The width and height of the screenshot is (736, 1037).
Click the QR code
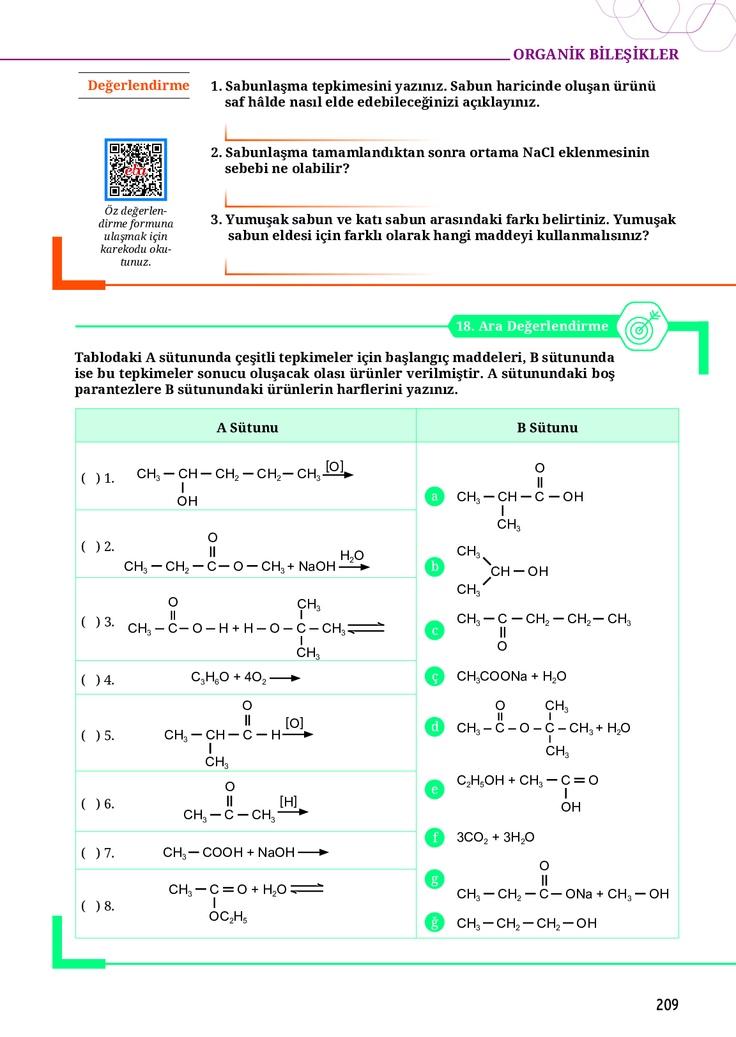pos(135,169)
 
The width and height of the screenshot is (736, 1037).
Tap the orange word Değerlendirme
pos(138,86)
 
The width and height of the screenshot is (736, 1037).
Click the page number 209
pos(666,1004)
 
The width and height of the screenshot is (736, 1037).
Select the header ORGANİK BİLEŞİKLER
pos(595,54)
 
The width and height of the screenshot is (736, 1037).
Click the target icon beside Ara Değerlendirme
pos(642,326)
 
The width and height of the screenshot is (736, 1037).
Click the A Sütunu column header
pos(247,428)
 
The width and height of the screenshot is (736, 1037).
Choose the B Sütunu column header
pos(547,428)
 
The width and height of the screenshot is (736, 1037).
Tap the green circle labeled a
pos(434,496)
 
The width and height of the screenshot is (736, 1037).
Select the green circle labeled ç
pos(434,676)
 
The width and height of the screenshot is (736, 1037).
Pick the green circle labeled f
pos(434,837)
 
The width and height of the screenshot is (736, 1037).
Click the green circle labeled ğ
pos(434,923)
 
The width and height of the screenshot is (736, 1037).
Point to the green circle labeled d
pos(434,727)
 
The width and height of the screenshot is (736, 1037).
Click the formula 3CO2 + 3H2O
pos(495,837)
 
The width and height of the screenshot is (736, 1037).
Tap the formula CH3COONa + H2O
pos(511,676)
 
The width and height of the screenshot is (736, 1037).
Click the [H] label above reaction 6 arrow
pos(288,801)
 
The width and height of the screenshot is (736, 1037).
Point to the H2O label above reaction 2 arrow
pos(351,556)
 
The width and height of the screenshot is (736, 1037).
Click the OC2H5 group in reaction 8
pos(228,917)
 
